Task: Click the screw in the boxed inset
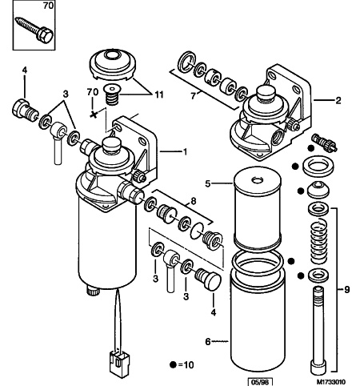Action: coord(34,30)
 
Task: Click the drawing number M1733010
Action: coord(331,381)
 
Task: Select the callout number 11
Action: coord(158,94)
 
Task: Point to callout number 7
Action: coord(194,96)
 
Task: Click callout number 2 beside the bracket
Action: coord(338,100)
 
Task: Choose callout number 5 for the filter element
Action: coord(208,183)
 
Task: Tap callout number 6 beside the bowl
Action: coord(208,341)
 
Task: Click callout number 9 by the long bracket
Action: coord(346,289)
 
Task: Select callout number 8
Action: coord(194,201)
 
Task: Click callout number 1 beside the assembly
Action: coord(185,151)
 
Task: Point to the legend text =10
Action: coord(186,364)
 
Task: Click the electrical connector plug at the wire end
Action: coord(119,364)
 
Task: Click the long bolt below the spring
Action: coord(318,331)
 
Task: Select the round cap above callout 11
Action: coord(113,64)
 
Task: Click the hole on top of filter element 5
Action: coord(258,180)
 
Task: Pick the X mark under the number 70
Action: coord(94,115)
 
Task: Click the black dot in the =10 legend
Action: coord(174,364)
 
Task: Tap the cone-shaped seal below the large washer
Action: coord(318,190)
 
